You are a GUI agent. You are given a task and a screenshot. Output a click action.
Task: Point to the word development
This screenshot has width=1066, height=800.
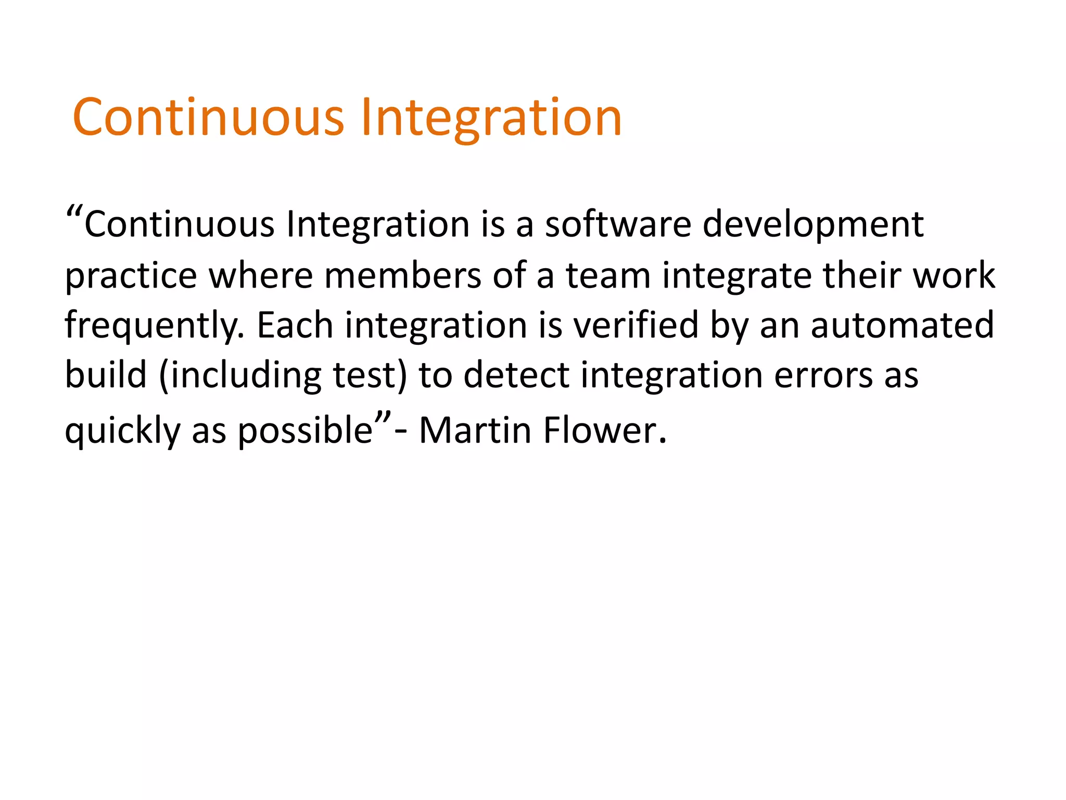click(813, 224)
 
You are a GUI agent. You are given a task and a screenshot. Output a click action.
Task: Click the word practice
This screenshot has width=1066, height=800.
click(131, 276)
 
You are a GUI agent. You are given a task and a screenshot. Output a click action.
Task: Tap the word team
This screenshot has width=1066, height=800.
click(608, 276)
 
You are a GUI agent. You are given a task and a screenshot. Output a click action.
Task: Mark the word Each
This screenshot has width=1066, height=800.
click(295, 325)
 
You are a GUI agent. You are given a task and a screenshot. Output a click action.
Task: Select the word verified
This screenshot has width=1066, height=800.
click(636, 325)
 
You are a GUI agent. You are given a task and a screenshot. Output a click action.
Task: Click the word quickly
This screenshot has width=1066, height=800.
click(122, 431)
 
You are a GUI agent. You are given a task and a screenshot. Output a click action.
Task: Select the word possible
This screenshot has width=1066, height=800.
click(306, 431)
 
